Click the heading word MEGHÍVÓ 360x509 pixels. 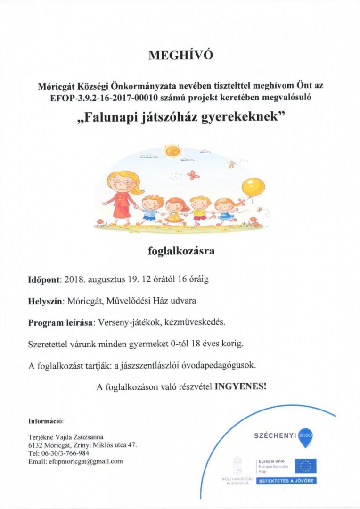click(181, 56)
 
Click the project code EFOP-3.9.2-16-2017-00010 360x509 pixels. click(98, 98)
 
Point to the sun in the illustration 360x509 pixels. click(172, 151)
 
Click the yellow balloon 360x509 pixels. click(253, 186)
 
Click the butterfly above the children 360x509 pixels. click(193, 175)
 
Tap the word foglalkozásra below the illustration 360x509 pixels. click(181, 251)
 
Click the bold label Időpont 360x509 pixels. click(44, 279)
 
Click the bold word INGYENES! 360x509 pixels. click(240, 387)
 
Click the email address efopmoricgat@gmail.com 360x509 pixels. click(86, 462)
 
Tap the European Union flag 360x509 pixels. click(305, 466)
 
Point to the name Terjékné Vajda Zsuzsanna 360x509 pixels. click(66, 437)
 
